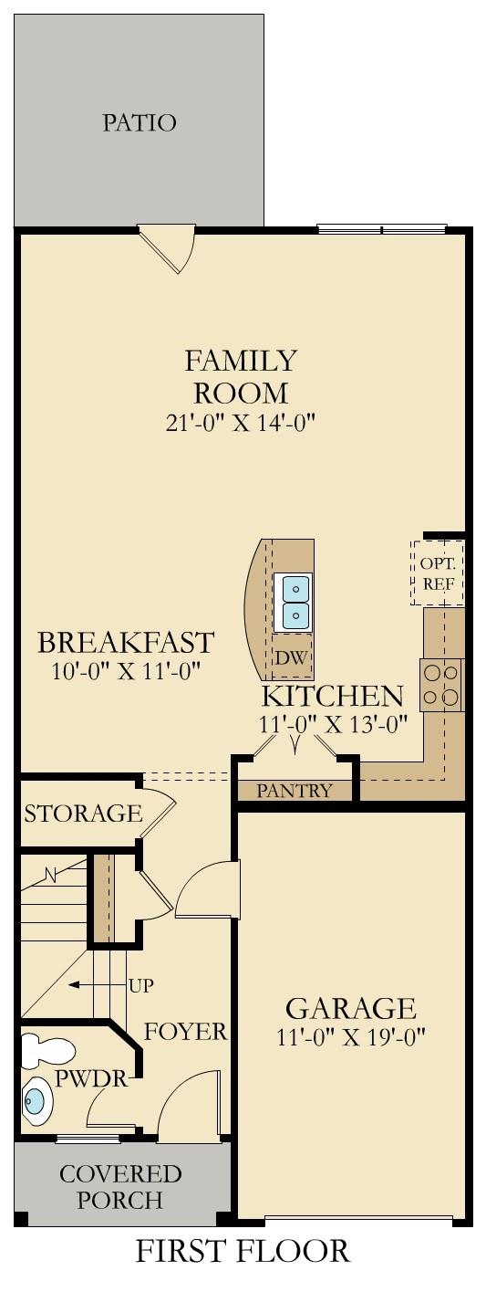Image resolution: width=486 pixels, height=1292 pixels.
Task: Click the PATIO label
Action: pos(139,122)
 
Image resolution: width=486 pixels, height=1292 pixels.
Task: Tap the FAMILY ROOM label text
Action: pos(241,376)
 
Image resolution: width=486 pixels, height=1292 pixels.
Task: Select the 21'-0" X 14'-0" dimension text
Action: pos(241,422)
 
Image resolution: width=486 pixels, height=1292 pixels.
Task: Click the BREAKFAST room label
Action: pos(126,642)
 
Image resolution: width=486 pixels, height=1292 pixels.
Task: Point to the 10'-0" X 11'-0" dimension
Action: pos(126,671)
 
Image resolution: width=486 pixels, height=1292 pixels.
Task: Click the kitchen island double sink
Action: pos(295,602)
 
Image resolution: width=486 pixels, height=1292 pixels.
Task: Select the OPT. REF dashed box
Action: pos(438,572)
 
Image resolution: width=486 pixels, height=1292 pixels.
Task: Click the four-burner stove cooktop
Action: pos(441,685)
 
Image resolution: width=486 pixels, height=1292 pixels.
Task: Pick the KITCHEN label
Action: pos(332,697)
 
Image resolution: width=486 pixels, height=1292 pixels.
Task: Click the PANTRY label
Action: pos(294,791)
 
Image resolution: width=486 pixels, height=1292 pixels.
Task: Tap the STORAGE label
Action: pos(83,813)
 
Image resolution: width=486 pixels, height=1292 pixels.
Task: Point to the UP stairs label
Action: pos(141,985)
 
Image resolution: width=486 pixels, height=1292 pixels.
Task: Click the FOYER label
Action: pos(185,1033)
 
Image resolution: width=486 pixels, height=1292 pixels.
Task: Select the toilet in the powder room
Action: pos(38,1051)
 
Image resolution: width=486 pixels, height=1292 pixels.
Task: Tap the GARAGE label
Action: pos(351,1009)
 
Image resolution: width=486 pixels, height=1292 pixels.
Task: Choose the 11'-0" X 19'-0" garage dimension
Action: pos(351,1038)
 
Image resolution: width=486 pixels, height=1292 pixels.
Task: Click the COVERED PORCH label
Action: pos(120,1185)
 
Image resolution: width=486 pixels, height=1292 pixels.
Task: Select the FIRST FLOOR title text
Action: pos(243,1251)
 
